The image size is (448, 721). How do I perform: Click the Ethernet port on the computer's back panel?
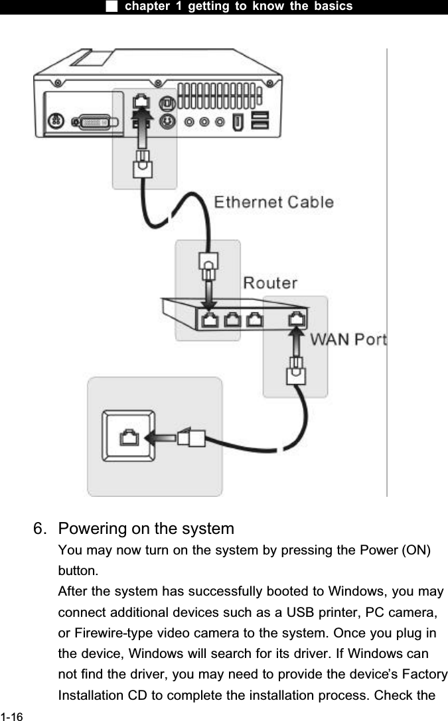click(141, 101)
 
